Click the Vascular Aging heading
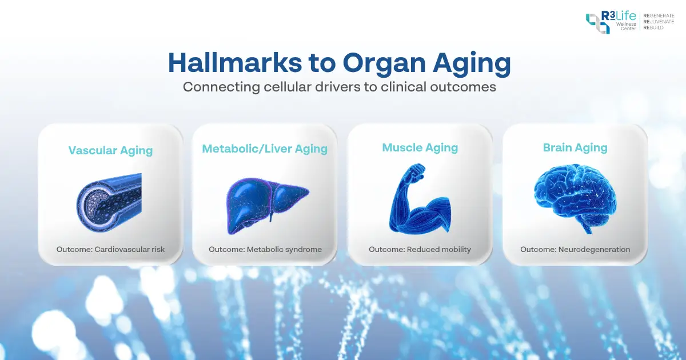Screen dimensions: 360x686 coord(110,151)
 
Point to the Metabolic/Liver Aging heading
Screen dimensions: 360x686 coord(265,149)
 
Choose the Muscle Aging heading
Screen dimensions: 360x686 coord(420,147)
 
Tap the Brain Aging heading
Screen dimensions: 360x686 coord(575,147)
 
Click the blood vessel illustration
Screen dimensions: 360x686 coord(109,199)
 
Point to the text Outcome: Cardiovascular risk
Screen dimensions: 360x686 coord(110,250)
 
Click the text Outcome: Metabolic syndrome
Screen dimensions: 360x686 coord(265,250)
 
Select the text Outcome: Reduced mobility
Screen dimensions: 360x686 coord(420,250)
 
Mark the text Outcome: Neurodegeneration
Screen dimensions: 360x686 coord(575,250)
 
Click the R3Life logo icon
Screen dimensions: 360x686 coord(597,23)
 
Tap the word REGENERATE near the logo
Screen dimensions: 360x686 coord(659,16)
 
